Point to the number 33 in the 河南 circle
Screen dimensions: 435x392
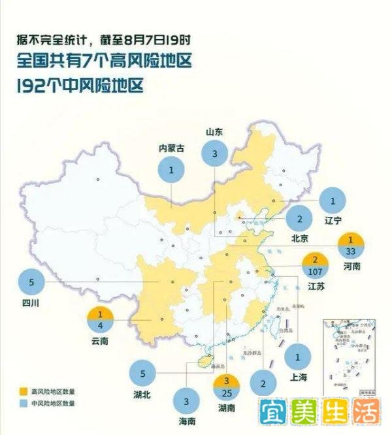coord(350,251)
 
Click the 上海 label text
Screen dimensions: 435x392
coord(297,377)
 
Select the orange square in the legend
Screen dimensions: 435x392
coord(24,391)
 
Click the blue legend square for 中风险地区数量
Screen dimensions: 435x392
coord(24,404)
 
